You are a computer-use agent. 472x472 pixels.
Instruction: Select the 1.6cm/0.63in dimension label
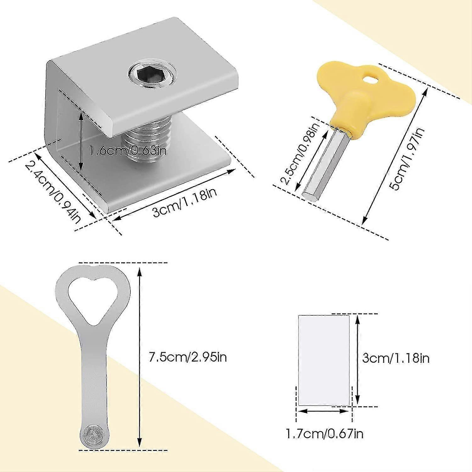tap(127, 150)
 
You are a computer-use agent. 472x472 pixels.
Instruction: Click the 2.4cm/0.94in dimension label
tap(53, 192)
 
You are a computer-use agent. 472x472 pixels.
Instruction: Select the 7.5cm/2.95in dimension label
tap(188, 357)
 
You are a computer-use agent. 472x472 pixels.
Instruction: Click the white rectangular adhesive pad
tap(323, 360)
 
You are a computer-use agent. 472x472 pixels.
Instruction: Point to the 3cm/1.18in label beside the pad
tap(396, 358)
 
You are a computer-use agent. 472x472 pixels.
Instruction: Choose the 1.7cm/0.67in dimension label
tap(324, 434)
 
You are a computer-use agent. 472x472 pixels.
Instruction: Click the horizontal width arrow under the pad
tap(323, 411)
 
